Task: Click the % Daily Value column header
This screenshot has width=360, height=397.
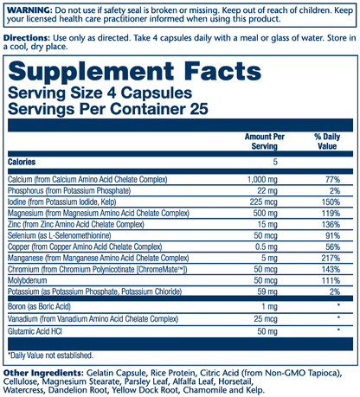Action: click(x=325, y=144)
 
